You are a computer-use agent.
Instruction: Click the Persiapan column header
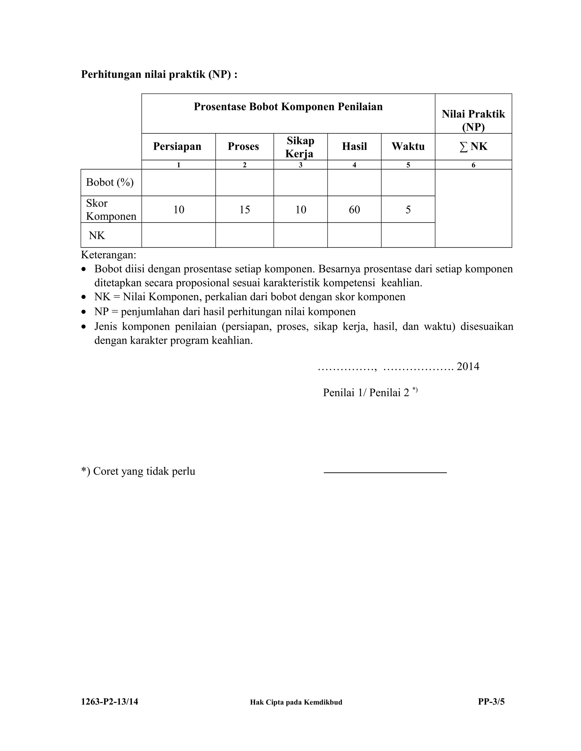pyautogui.click(x=177, y=147)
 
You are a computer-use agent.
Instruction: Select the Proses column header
pyautogui.click(x=243, y=147)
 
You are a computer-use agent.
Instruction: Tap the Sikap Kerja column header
pyautogui.click(x=300, y=147)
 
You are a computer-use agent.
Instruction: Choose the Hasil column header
pyautogui.click(x=354, y=147)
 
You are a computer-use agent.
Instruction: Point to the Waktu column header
pyautogui.click(x=408, y=147)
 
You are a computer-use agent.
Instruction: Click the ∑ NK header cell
pyautogui.click(x=473, y=147)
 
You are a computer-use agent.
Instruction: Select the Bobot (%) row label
pyautogui.click(x=110, y=182)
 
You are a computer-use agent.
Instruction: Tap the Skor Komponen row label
pyautogui.click(x=111, y=209)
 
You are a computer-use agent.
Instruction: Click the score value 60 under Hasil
pyautogui.click(x=354, y=209)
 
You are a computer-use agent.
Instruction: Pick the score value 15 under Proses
pyautogui.click(x=244, y=209)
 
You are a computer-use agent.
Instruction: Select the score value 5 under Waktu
pyautogui.click(x=408, y=209)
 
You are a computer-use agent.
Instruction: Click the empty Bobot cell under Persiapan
pyautogui.click(x=178, y=183)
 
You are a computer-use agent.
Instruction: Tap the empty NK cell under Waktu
pyautogui.click(x=408, y=235)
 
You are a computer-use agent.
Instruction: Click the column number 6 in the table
pyautogui.click(x=473, y=165)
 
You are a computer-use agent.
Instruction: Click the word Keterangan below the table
pyautogui.click(x=108, y=255)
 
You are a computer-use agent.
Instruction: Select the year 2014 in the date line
pyautogui.click(x=468, y=366)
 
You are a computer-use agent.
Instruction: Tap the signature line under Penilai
pyautogui.click(x=385, y=473)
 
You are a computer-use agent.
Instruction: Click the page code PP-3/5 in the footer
pyautogui.click(x=491, y=702)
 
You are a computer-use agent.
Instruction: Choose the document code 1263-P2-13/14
pyautogui.click(x=110, y=702)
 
